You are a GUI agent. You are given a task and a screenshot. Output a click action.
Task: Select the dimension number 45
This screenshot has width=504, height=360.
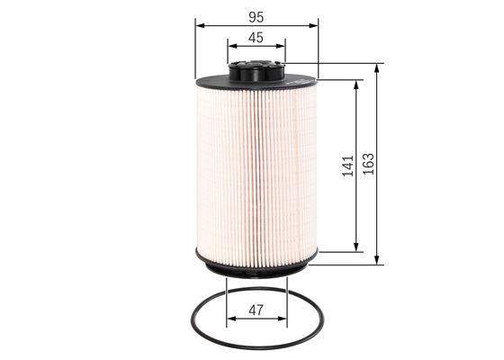tap(256, 37)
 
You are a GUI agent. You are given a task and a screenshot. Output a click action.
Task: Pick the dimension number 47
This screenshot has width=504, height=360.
tap(256, 311)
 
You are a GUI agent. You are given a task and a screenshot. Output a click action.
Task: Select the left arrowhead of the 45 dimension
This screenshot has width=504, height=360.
tap(231, 48)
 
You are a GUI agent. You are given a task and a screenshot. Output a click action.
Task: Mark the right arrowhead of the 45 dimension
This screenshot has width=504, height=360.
tap(281, 48)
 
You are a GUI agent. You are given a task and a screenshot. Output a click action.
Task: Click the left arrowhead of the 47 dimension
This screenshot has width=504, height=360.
tap(229, 319)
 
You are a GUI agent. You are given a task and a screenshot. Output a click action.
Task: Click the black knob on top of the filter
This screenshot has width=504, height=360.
tap(256, 68)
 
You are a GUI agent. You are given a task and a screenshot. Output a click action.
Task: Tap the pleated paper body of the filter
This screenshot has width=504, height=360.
tap(256, 171)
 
